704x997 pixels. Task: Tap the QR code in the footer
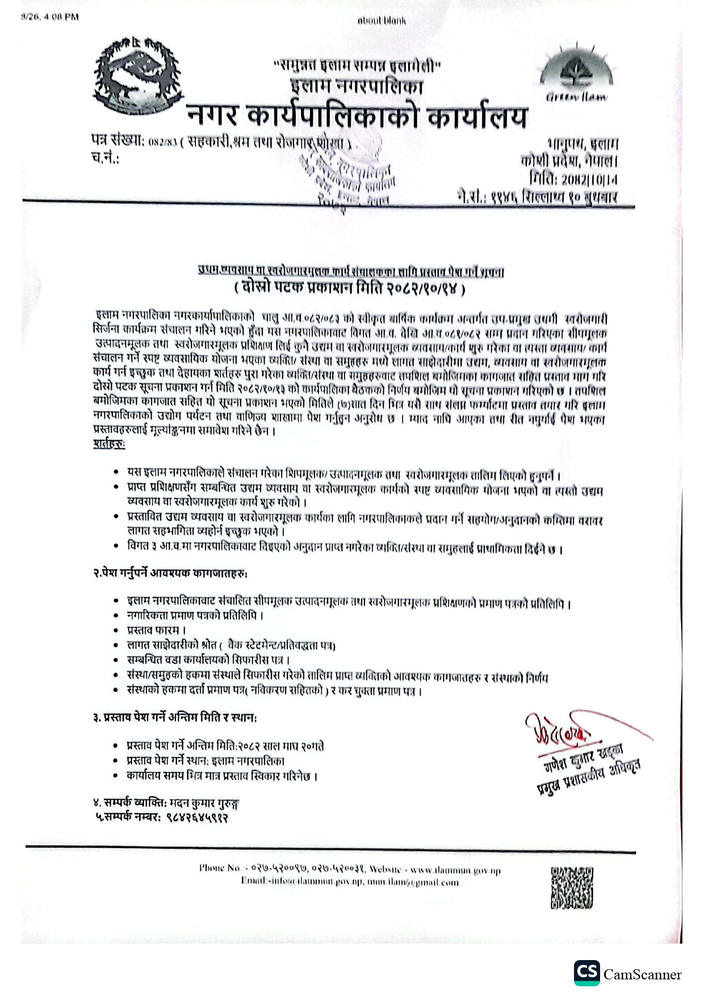pos(572,887)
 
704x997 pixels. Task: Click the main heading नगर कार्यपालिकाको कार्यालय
pos(358,116)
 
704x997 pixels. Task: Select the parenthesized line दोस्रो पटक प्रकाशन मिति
pos(350,289)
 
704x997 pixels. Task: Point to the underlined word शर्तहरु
pos(110,444)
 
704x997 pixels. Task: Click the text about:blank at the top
pos(382,20)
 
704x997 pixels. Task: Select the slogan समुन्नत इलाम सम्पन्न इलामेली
pos(358,66)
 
